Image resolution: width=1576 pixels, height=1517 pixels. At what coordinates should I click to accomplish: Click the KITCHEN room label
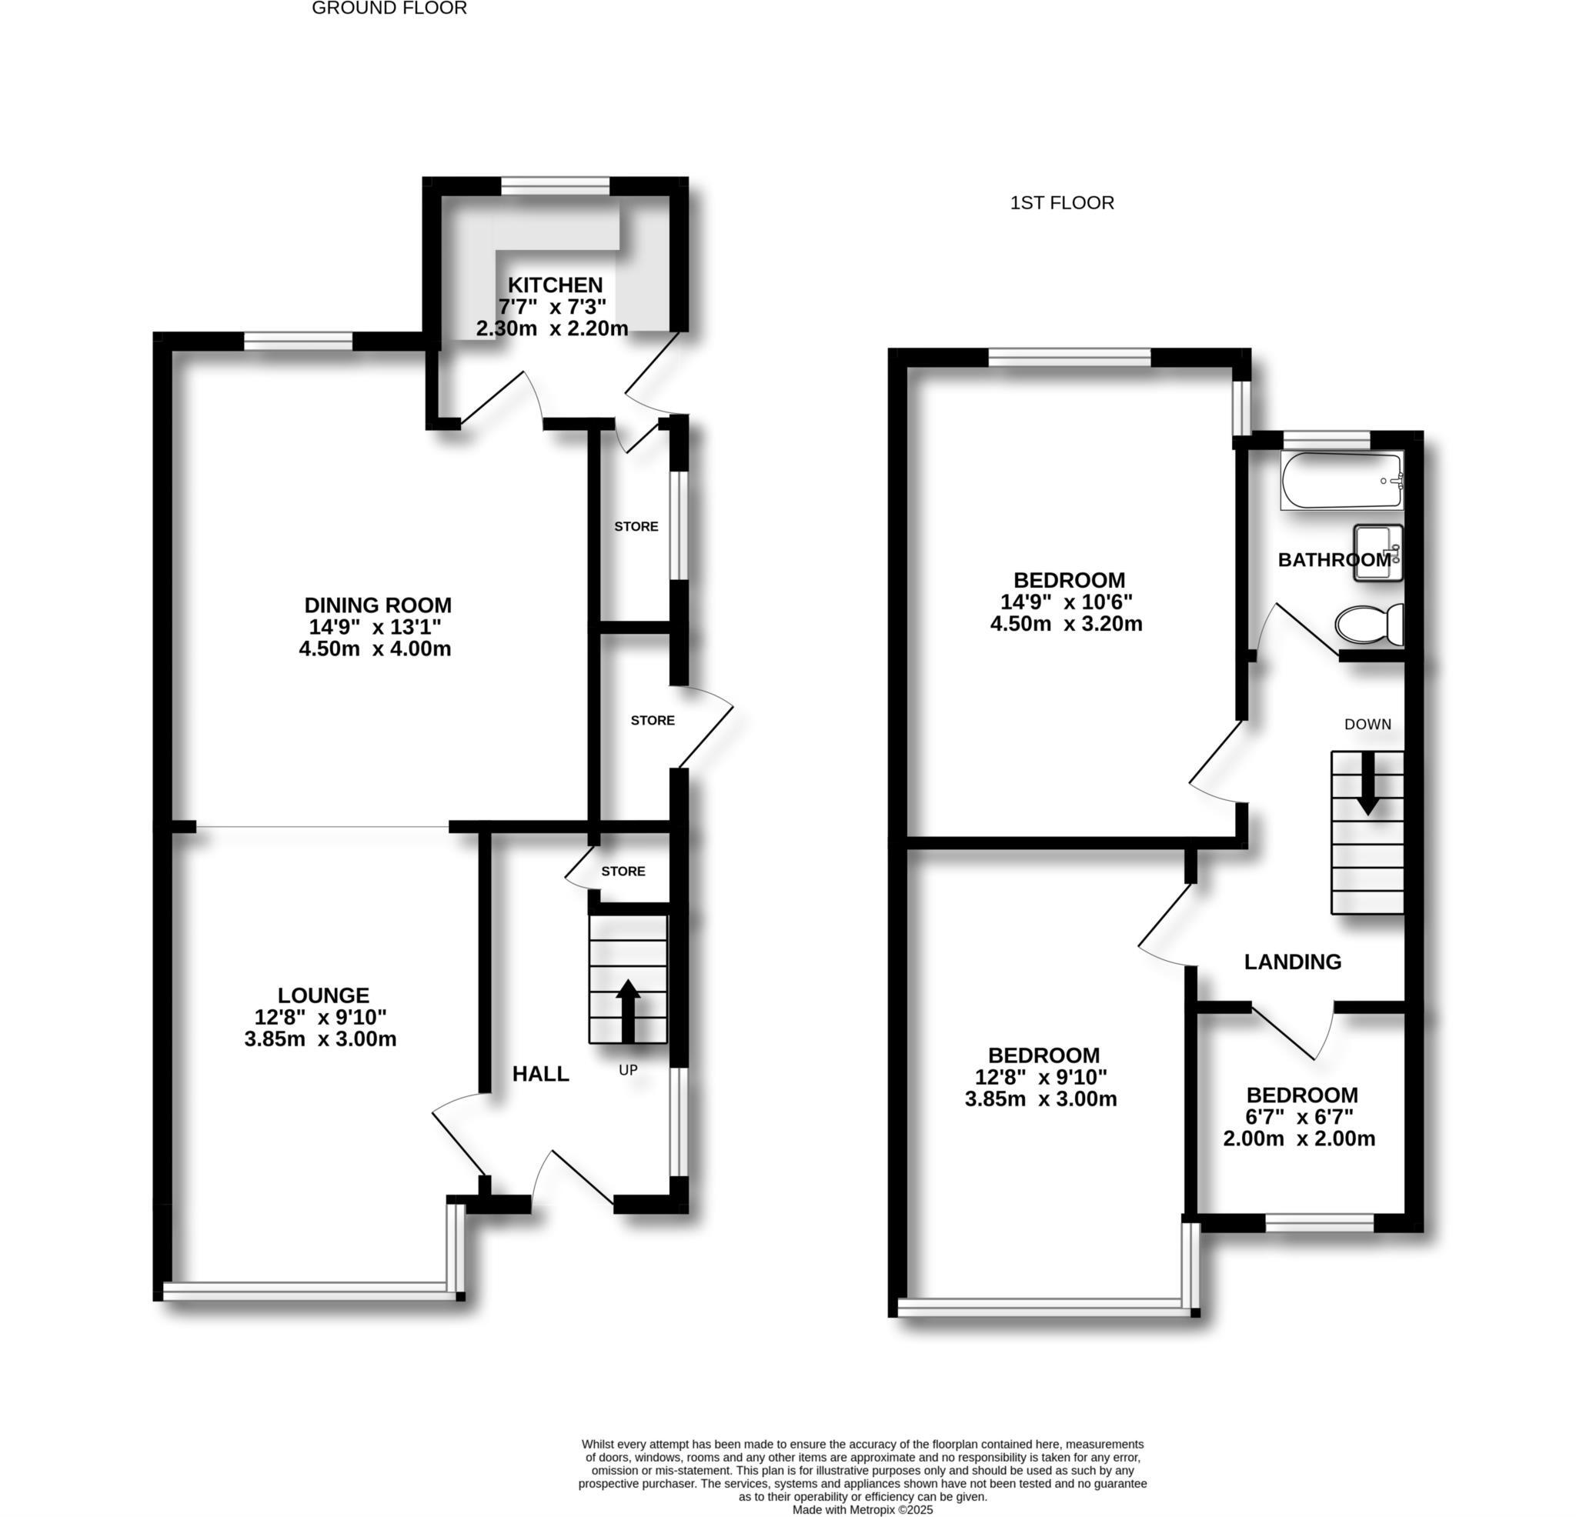[x=555, y=285]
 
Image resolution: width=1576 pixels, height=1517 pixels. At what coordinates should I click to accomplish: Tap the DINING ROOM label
[x=378, y=605]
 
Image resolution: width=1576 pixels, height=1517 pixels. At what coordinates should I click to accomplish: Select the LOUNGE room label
[x=323, y=996]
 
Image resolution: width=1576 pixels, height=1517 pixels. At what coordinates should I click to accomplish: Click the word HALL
[x=540, y=1074]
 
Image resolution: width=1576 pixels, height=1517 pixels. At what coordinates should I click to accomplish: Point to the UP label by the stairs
[x=628, y=1070]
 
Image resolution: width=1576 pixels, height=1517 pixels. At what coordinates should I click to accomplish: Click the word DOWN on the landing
[x=1367, y=725]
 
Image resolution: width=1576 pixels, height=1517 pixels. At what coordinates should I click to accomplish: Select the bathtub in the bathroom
[x=1341, y=481]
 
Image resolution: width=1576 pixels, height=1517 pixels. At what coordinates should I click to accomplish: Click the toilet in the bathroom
[x=1368, y=624]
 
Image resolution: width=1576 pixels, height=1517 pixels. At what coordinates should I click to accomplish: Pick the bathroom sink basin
[x=1377, y=552]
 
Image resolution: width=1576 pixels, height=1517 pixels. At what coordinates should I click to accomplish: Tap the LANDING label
[x=1292, y=962]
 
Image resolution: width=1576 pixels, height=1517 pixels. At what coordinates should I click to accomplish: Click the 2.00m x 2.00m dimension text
[x=1299, y=1139]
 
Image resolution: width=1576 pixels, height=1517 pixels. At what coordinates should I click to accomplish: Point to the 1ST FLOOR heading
[x=1061, y=202]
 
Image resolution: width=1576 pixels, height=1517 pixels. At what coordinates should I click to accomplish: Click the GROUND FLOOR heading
[x=389, y=8]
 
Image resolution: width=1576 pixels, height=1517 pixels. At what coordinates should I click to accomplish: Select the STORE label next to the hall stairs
[x=623, y=872]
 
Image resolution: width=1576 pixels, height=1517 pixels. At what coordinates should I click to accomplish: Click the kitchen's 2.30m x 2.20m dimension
[x=552, y=328]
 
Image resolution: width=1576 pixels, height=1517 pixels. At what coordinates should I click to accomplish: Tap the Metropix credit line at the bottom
[x=862, y=1510]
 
